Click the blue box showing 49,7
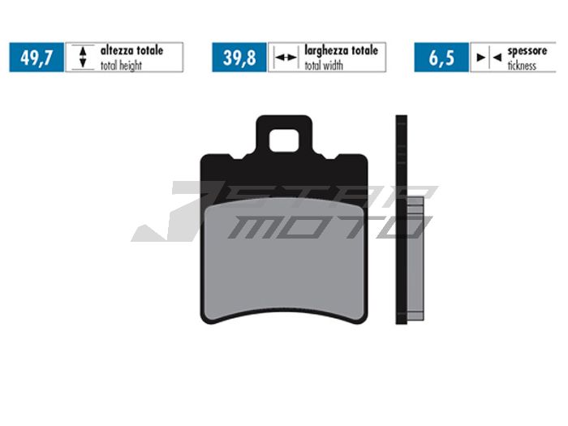pos(37,58)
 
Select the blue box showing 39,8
pos(239,58)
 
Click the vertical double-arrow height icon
pos(81,58)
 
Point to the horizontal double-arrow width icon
pos(285,58)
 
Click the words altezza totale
pos(131,50)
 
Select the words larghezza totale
pos(341,50)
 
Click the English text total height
pos(121,66)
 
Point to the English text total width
pos(324,66)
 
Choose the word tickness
pos(522,66)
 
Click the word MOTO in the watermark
pos(325,226)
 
